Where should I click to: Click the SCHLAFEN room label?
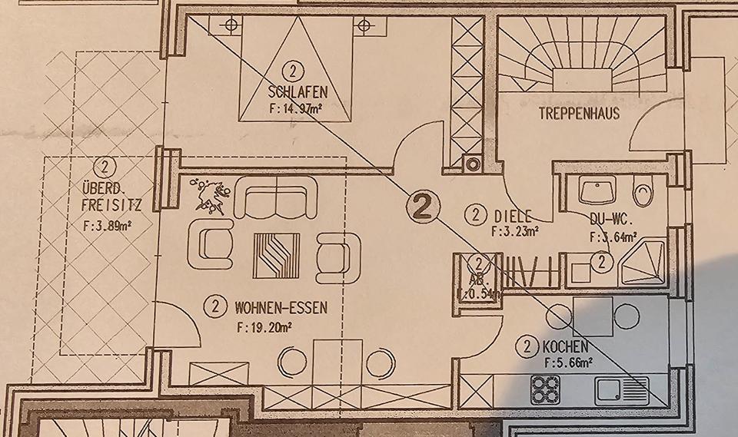(x=299, y=91)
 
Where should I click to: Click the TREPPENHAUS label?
(x=580, y=113)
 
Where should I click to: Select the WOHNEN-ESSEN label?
(x=281, y=308)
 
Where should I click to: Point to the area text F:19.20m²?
(x=269, y=326)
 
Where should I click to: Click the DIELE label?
(x=514, y=215)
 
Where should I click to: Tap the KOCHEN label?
(x=565, y=347)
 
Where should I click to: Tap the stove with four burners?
(x=547, y=389)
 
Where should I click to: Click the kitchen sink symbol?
(x=621, y=390)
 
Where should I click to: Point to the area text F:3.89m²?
(x=106, y=225)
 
